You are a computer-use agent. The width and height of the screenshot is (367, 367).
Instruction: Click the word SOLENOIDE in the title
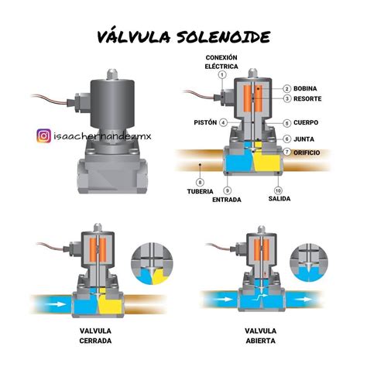coord(224,36)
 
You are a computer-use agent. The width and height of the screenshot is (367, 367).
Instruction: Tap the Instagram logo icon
coord(43,135)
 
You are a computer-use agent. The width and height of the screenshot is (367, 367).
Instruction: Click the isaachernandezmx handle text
coord(102,135)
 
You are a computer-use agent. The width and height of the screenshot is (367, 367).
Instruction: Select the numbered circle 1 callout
coord(222,75)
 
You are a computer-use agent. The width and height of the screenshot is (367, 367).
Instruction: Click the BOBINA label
coord(305,88)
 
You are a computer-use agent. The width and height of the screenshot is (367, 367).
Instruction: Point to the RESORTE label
coord(307,98)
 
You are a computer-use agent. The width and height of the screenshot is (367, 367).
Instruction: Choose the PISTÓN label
coord(205,122)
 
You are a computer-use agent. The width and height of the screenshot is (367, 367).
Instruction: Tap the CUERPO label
coord(306,122)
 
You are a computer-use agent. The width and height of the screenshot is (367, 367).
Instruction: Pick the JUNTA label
coord(304,139)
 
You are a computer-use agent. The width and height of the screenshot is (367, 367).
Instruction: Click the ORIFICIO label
coord(307,153)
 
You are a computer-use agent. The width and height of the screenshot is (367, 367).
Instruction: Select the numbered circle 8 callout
coord(200,183)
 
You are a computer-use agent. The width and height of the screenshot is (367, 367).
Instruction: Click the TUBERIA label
coord(200,191)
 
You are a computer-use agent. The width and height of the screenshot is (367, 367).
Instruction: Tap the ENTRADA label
coord(227,200)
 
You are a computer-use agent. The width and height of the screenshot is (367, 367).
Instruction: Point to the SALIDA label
coord(280,198)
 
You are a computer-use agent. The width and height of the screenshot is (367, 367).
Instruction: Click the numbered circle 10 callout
coord(278,190)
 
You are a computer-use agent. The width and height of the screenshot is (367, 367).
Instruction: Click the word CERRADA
coord(95,341)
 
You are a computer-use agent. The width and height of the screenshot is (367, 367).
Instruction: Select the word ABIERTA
coord(261,341)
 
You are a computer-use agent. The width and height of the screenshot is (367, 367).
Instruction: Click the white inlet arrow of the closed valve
coord(56,304)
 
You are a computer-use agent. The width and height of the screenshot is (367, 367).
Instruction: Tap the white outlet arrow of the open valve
coord(304,300)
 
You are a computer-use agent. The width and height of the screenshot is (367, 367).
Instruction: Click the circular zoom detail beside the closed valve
coord(153,264)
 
